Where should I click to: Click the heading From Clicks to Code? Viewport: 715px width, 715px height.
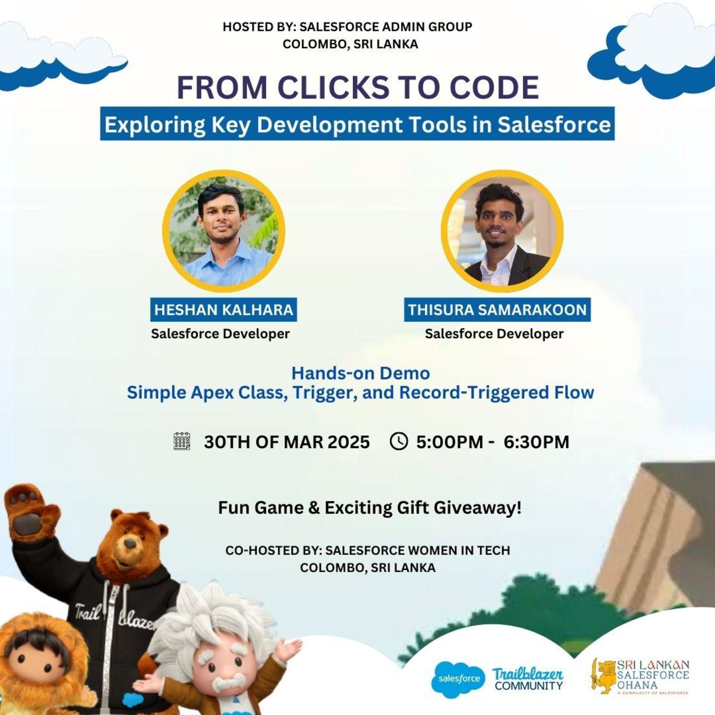coord(358,87)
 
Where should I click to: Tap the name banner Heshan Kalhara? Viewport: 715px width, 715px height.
coord(223,310)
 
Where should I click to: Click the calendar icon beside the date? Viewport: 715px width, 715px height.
coord(182,441)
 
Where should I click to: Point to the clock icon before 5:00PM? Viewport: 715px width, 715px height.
coord(399,441)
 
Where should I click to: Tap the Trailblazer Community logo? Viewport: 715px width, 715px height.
coord(528,679)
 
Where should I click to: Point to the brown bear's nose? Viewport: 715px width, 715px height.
coord(130,544)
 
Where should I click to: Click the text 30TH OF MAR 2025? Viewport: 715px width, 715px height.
coord(286,442)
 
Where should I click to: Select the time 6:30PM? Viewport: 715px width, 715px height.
coord(536,442)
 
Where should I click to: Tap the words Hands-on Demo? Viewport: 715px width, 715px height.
coord(360,373)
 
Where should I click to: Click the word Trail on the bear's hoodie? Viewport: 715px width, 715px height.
coord(87,611)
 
